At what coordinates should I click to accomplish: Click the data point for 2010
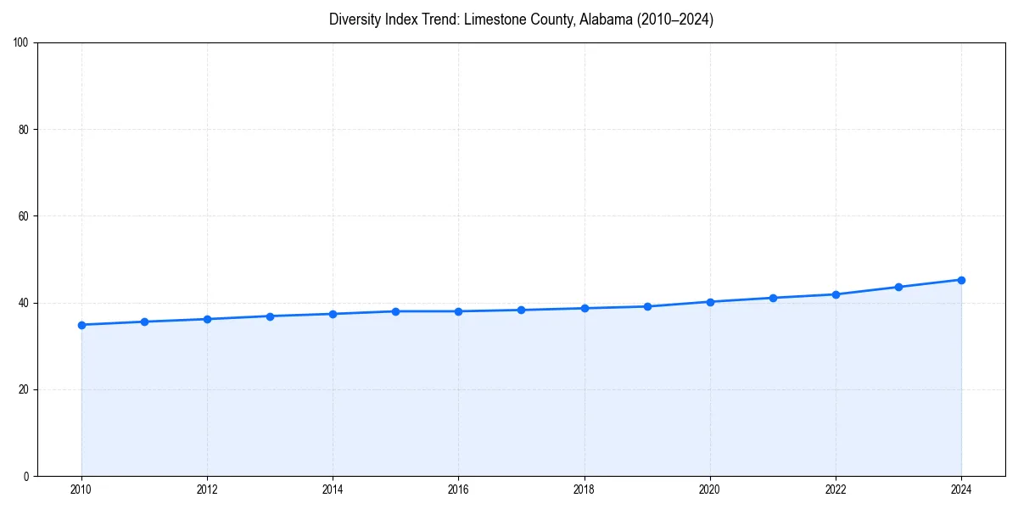[x=81, y=325]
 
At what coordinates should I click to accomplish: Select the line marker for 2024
[x=961, y=280]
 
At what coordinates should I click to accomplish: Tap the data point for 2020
[x=710, y=302]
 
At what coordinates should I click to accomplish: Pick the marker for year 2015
[x=395, y=311]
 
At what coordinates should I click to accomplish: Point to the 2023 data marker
[x=898, y=287]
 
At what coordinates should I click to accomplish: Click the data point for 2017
[x=521, y=310]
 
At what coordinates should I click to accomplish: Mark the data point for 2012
[x=207, y=319]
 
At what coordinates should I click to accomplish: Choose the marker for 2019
[x=647, y=306]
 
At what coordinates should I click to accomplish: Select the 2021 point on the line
[x=773, y=298]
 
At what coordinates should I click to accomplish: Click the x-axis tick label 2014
[x=333, y=489]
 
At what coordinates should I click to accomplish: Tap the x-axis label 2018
[x=584, y=489]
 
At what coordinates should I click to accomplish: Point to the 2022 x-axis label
[x=836, y=489]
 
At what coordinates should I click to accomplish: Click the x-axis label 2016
[x=458, y=489]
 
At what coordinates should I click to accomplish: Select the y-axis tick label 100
[x=21, y=43]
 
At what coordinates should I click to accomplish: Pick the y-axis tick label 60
[x=24, y=216]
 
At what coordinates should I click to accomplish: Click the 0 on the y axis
[x=26, y=476]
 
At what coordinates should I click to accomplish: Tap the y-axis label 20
[x=24, y=389]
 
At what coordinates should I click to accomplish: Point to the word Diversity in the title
[x=354, y=20]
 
